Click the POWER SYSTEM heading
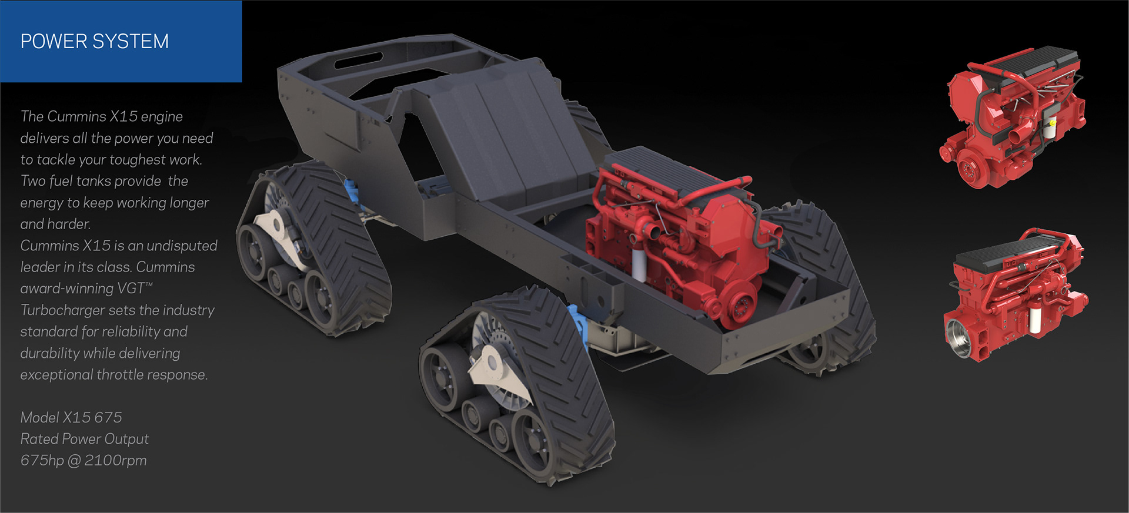pyautogui.click(x=95, y=41)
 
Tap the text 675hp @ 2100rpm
pyautogui.click(x=83, y=460)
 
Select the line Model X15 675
pyautogui.click(x=71, y=417)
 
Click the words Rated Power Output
pyautogui.click(x=85, y=439)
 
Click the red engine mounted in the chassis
pyautogui.click(x=676, y=235)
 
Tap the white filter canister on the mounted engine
pyautogui.click(x=639, y=264)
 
